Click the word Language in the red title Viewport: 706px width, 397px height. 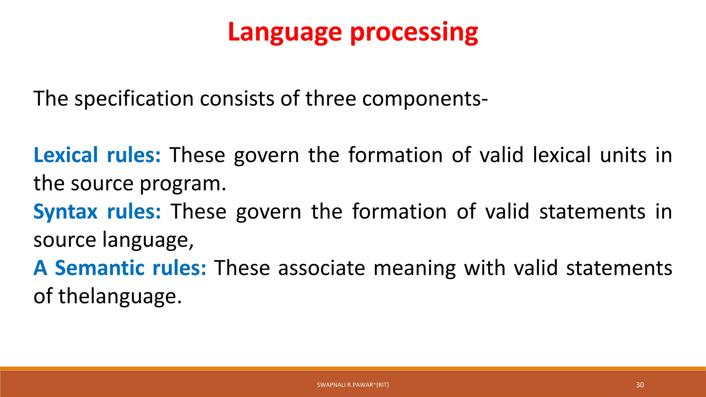pyautogui.click(x=285, y=32)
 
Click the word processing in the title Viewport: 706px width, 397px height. pyautogui.click(x=414, y=32)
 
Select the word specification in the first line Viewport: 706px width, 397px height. pyautogui.click(x=135, y=99)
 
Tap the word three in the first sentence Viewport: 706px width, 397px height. pyautogui.click(x=331, y=99)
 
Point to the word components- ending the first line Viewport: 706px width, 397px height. pyautogui.click(x=425, y=99)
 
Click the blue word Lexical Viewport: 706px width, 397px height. pyautogui.click(x=66, y=155)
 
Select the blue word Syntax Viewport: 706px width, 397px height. pyautogui.click(x=65, y=211)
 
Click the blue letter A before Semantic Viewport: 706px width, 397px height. pyautogui.click(x=40, y=268)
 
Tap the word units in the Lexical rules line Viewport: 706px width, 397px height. pyautogui.click(x=623, y=155)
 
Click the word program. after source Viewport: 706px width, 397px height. pyautogui.click(x=183, y=183)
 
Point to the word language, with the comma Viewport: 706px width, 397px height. pyautogui.click(x=148, y=240)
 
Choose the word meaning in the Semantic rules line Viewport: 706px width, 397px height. pyautogui.click(x=414, y=268)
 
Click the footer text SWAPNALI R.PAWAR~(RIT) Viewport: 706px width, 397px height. pyautogui.click(x=353, y=385)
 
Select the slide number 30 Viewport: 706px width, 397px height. pyautogui.click(x=640, y=385)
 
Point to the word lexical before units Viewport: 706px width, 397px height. pyautogui.click(x=562, y=155)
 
